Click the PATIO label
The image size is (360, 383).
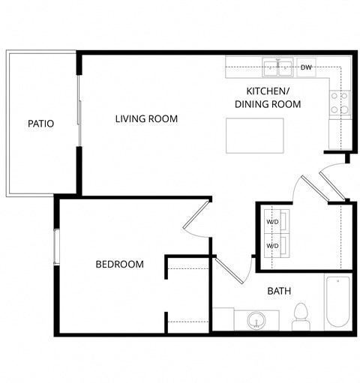click(40, 123)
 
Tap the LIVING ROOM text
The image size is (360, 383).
click(146, 118)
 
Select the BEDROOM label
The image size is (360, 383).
click(119, 264)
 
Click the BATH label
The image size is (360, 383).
click(279, 291)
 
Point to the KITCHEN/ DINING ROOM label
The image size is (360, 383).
click(268, 98)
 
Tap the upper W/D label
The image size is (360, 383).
click(273, 223)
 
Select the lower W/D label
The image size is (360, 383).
click(273, 246)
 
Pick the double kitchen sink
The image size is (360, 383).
click(279, 68)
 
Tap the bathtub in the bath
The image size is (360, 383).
click(337, 301)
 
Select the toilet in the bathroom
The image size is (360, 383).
click(301, 315)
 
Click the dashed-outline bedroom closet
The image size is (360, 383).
click(187, 293)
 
